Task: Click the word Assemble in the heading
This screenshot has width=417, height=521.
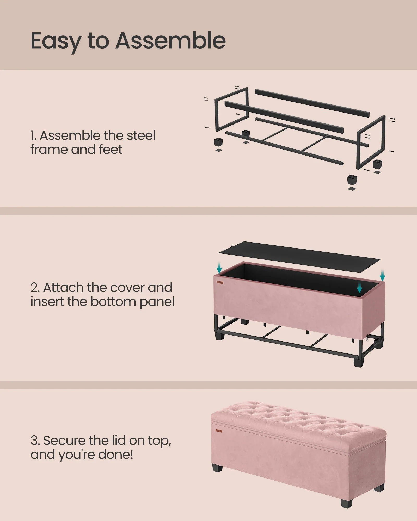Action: (170, 41)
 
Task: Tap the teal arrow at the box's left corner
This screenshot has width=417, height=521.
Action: (219, 268)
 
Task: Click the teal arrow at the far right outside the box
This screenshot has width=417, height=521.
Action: (382, 276)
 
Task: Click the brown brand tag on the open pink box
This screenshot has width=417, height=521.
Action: (219, 282)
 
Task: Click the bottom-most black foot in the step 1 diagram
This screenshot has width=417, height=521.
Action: (352, 179)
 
